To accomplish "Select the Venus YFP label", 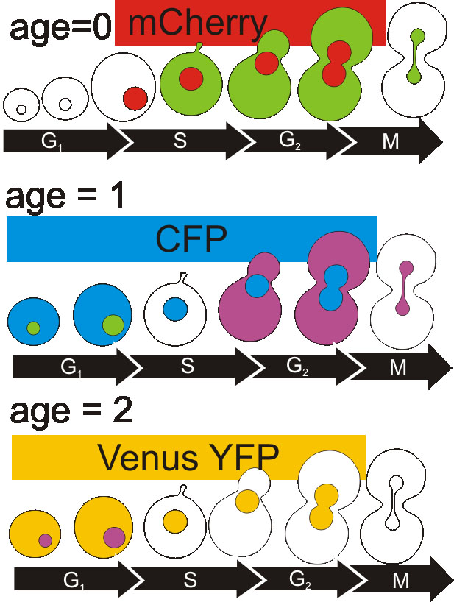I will click(188, 458).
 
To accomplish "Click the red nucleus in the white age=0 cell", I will click(135, 97).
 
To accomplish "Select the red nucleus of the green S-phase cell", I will click(191, 78).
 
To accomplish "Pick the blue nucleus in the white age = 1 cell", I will click(174, 308).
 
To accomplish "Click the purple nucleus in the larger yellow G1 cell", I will click(113, 537).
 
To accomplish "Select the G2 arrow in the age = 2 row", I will click(297, 580).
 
